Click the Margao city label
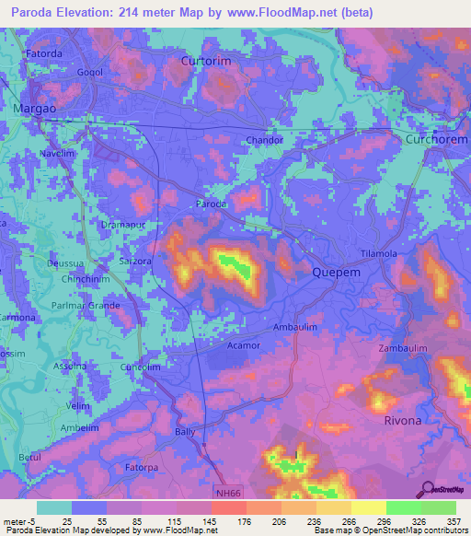point(34,108)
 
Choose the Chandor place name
point(264,140)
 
